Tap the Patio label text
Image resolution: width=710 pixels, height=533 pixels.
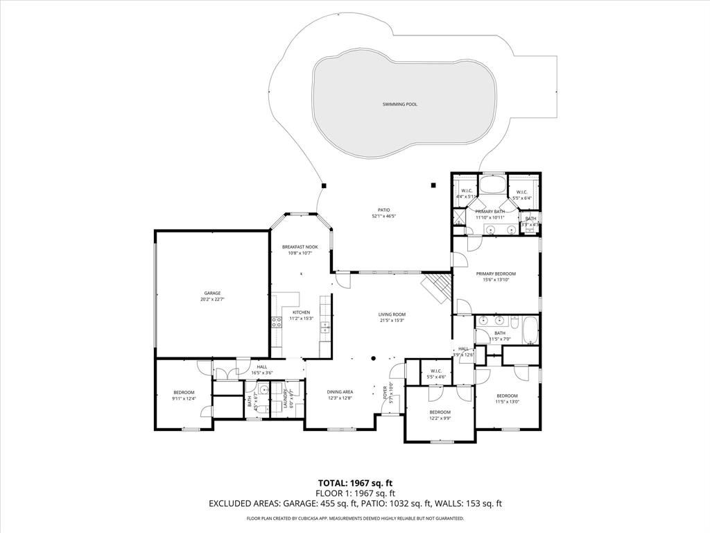(x=383, y=210)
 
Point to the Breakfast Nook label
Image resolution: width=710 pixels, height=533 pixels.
(x=300, y=247)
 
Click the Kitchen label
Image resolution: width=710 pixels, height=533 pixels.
(x=301, y=312)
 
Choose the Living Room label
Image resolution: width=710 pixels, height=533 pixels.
(x=392, y=314)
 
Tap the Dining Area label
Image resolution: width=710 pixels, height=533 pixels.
(x=340, y=391)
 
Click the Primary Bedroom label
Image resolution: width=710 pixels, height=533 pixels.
(x=496, y=273)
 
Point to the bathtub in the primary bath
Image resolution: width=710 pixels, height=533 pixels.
(x=493, y=185)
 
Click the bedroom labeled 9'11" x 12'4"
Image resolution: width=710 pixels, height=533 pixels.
(x=184, y=392)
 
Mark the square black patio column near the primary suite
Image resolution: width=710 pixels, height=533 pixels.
(x=433, y=185)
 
